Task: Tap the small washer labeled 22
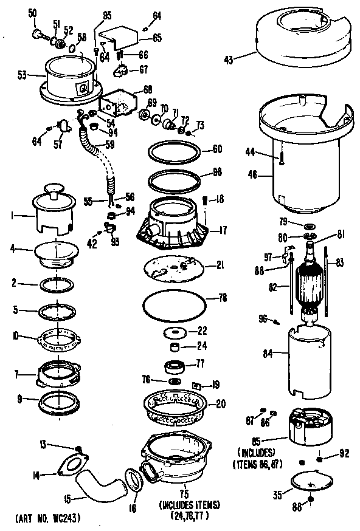[174, 332]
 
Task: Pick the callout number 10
[14, 335]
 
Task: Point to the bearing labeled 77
[176, 367]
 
